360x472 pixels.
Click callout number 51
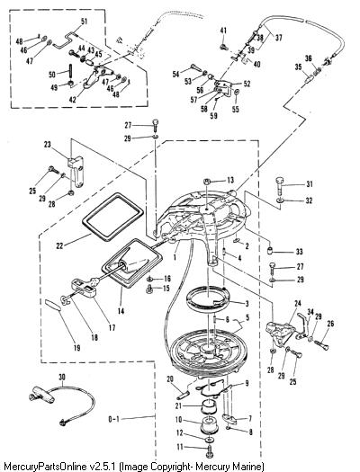coord(84,22)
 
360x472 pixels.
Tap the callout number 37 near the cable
coord(278,38)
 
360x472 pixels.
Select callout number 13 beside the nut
coord(230,181)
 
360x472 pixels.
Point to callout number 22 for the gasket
coord(59,245)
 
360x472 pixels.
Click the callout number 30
coord(62,378)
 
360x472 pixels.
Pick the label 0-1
coord(114,419)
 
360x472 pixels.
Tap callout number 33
coord(299,252)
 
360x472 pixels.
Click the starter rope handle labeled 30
coord(41,394)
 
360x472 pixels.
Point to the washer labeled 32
coord(280,200)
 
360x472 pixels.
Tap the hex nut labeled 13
coord(206,182)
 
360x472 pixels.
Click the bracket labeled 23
coord(76,172)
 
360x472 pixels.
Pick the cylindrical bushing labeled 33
coord(271,250)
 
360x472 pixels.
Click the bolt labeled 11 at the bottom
coord(209,454)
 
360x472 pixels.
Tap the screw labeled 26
coord(321,344)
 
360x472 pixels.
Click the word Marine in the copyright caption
coord(247,466)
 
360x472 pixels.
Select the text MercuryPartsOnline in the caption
coord(45,467)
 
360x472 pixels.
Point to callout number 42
coord(73,99)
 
